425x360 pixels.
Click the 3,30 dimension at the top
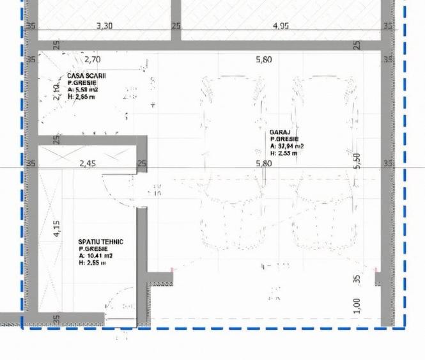104,26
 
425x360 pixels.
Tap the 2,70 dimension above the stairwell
93,59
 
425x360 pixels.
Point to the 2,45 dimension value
88,164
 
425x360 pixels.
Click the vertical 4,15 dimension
56,228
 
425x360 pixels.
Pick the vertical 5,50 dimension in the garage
357,161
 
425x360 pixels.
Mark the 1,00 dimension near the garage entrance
357,306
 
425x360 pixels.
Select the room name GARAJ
280,132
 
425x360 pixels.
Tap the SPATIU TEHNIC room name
100,242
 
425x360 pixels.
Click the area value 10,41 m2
91,256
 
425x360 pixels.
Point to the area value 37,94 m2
287,146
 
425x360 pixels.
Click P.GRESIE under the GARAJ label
284,139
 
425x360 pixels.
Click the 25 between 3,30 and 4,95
176,26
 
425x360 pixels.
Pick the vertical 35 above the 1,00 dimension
357,279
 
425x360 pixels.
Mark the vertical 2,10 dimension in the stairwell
56,93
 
